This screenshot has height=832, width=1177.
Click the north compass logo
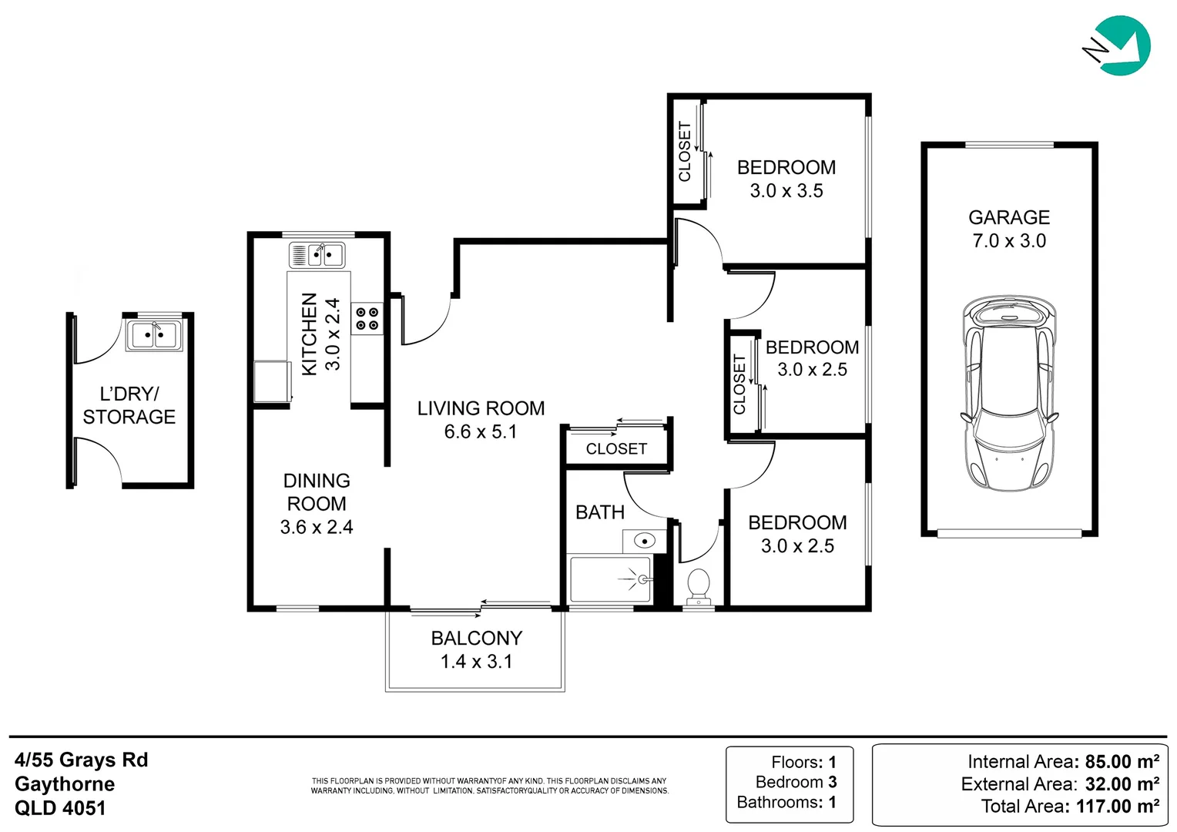coord(1119,46)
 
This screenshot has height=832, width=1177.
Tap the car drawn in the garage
coord(1008,393)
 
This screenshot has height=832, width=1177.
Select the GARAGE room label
coord(1009,218)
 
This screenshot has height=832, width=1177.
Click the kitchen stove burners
coord(367,319)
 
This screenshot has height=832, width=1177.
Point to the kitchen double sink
coord(317,254)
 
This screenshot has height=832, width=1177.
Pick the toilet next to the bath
coord(699,585)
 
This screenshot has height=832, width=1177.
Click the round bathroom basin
coord(644,541)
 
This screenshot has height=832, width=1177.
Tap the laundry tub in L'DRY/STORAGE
coord(154,335)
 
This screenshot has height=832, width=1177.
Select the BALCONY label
coord(477,639)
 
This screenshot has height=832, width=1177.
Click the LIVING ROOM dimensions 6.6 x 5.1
coord(481,432)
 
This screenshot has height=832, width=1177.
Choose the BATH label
coord(600,512)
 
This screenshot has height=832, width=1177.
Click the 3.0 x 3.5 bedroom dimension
coord(786,191)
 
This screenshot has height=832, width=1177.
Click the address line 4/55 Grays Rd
coord(82,760)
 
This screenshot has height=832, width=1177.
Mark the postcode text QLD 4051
coord(60,808)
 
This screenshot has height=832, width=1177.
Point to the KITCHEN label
coord(310,334)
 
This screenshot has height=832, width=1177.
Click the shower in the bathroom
coord(610,579)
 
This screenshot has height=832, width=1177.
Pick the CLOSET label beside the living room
coord(616,449)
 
